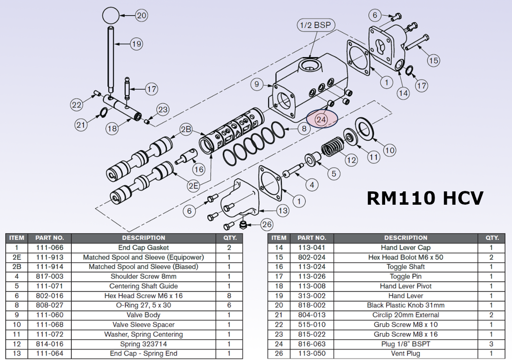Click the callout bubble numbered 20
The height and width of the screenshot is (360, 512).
click(142, 15)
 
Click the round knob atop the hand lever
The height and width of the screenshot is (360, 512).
click(111, 15)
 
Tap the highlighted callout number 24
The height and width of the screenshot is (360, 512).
click(321, 119)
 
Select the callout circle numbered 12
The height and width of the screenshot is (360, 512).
click(351, 160)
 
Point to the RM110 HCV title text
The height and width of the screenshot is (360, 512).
click(425, 198)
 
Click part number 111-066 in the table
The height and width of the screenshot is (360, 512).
click(46, 247)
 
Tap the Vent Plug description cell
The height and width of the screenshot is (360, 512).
click(406, 353)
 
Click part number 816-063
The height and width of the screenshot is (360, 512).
click(312, 344)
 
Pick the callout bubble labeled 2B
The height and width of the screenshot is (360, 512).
click(186, 130)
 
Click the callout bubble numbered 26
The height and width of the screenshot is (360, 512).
click(267, 224)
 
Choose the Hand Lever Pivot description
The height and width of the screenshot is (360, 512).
click(406, 286)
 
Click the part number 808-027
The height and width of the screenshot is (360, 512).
click(46, 305)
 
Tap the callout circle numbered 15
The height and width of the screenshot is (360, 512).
click(433, 60)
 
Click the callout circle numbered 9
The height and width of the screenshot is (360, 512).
click(257, 85)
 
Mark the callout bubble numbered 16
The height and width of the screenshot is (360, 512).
click(199, 169)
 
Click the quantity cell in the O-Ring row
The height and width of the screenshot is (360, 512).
click(229, 305)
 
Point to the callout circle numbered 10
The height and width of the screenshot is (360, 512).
click(389, 151)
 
